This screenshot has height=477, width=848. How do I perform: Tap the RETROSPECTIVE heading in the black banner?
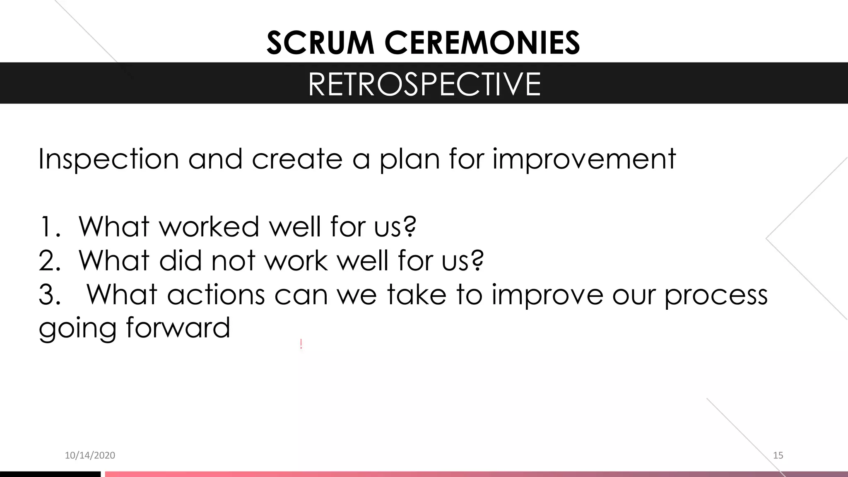424,84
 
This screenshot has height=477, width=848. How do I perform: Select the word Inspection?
108,159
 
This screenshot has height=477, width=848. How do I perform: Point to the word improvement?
584,159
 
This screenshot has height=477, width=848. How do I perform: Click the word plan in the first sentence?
409,159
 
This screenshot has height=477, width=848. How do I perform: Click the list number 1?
46,227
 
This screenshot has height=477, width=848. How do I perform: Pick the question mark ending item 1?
409,227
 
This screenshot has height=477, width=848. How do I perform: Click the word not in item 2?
233,261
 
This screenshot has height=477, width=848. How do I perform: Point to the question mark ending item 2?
477,261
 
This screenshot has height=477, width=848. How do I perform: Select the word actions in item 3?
216,295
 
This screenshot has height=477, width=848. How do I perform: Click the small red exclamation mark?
301,344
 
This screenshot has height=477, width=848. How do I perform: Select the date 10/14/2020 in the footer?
90,455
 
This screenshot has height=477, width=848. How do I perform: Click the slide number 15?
778,455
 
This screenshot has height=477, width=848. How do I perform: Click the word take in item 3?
417,295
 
